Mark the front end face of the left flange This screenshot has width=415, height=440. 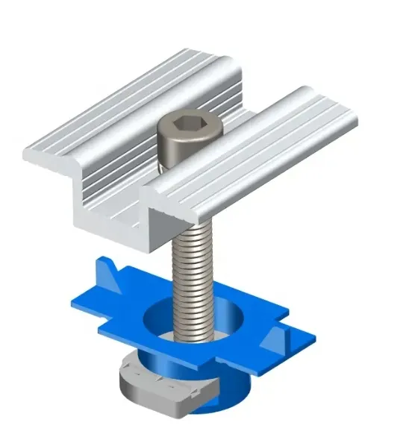pos(45,157)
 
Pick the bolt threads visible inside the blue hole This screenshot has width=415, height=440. pos(196,328)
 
